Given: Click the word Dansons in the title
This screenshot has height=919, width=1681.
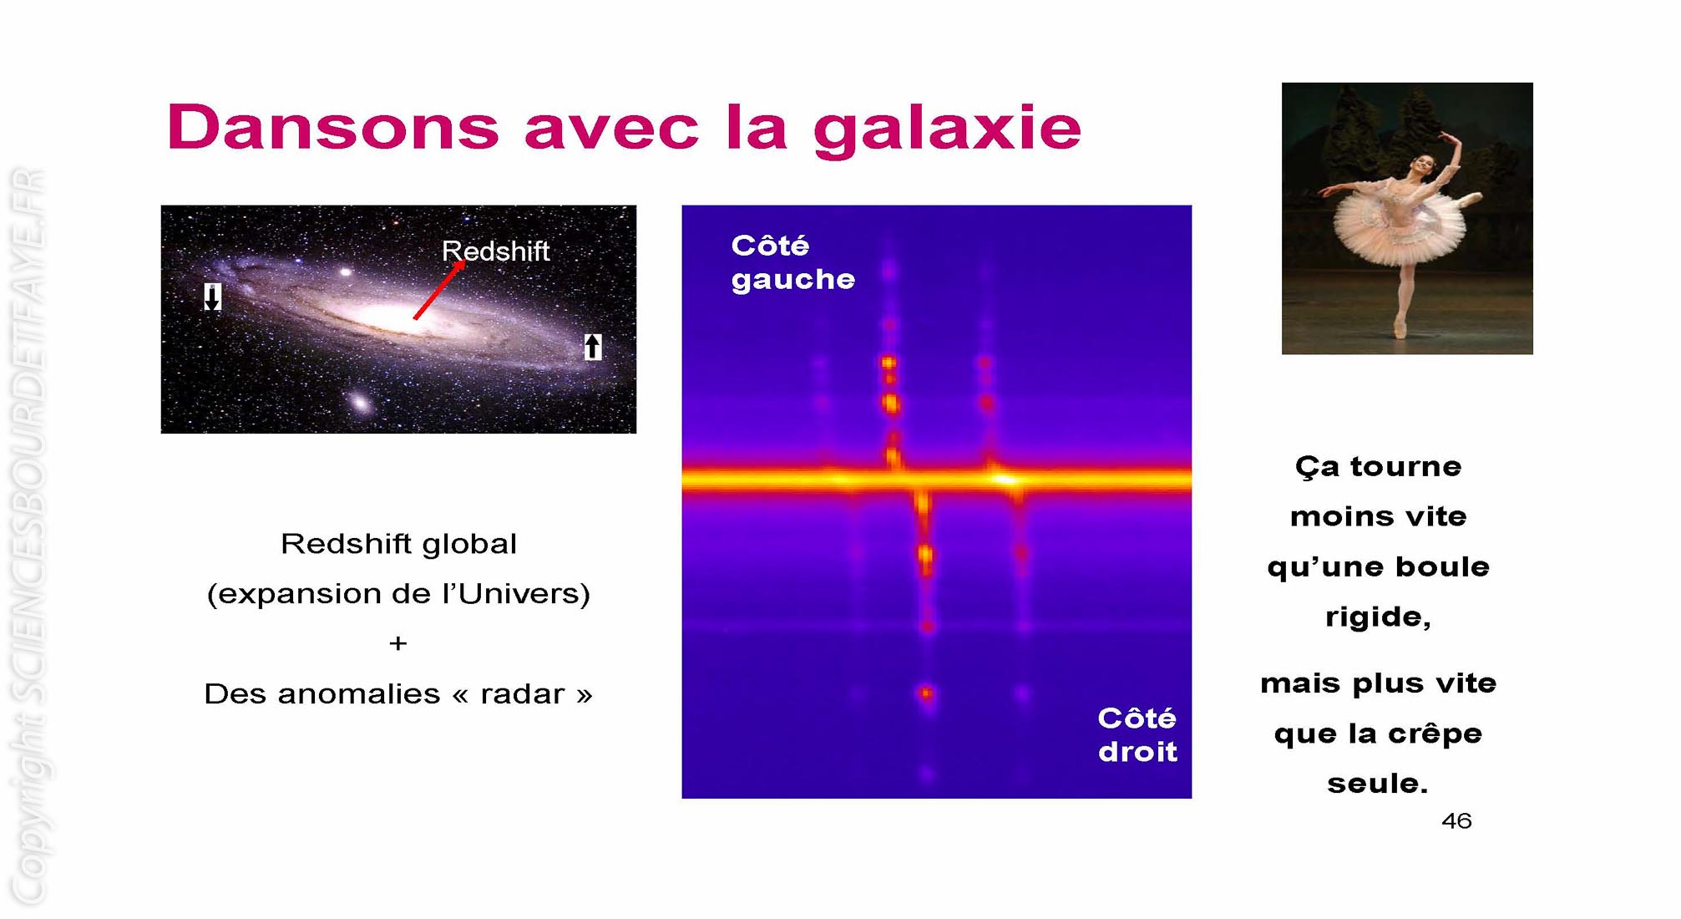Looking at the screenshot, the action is click(x=333, y=128).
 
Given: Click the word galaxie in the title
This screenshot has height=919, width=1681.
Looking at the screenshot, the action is click(x=948, y=130).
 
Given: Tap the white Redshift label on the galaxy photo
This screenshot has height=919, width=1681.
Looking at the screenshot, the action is click(x=495, y=251).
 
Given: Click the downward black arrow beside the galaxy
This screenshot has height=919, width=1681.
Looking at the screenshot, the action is click(x=213, y=297).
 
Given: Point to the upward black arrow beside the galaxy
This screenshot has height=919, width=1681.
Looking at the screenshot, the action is click(x=593, y=346).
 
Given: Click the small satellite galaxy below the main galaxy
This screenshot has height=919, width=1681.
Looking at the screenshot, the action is click(x=360, y=403).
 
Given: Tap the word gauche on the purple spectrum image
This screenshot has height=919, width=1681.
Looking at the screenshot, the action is click(x=793, y=280).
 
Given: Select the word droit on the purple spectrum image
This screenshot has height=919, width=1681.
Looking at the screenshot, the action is click(x=1137, y=752).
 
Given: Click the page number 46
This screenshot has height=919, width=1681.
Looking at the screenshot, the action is click(x=1456, y=821).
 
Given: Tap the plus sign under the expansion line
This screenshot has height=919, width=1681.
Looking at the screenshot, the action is click(x=398, y=643).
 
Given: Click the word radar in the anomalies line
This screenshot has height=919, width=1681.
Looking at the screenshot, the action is click(x=523, y=694).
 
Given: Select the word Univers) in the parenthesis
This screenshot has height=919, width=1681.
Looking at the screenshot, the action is click(x=524, y=594).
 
